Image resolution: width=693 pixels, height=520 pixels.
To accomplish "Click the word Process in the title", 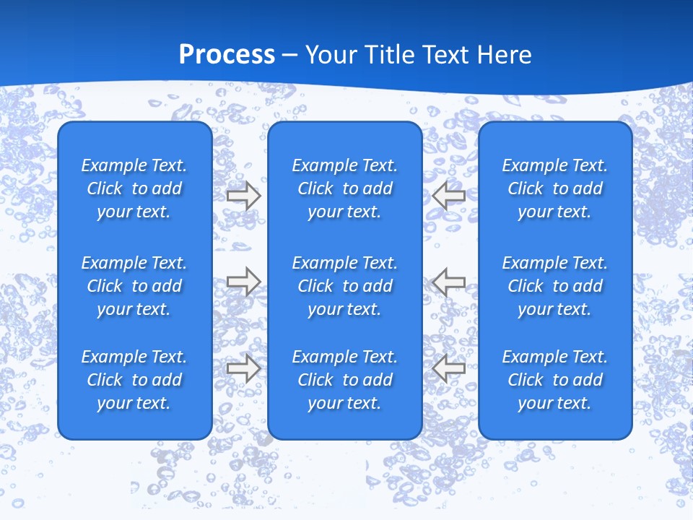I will tap(227, 55).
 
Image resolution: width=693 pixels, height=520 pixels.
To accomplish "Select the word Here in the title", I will tap(504, 55).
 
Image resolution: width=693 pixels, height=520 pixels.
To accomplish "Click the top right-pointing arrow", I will tap(243, 195).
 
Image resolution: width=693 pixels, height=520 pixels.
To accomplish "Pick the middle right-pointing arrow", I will tap(243, 282).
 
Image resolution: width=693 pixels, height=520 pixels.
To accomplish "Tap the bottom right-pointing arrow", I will tap(243, 368).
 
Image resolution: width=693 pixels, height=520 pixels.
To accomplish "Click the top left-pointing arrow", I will tap(448, 195).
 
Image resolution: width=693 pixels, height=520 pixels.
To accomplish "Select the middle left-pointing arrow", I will tap(448, 282).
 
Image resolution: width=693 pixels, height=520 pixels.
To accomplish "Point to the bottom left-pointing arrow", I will tap(448, 368).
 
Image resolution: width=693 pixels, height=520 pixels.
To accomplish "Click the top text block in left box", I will tap(134, 188).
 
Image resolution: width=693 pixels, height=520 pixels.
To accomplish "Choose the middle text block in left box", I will tap(134, 286).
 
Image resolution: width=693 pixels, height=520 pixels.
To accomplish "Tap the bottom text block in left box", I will tap(134, 380).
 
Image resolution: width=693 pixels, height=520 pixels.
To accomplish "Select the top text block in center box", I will tap(344, 188).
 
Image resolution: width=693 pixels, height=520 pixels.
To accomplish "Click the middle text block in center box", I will tap(344, 286).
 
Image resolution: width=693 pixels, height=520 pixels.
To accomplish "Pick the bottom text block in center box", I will tap(344, 380).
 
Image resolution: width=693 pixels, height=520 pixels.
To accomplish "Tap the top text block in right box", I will tap(554, 188).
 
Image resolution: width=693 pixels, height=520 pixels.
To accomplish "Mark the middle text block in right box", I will tap(554, 286).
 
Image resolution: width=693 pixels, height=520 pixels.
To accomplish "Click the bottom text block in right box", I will tap(554, 380).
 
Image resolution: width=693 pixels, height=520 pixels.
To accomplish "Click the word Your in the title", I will tap(331, 55).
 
